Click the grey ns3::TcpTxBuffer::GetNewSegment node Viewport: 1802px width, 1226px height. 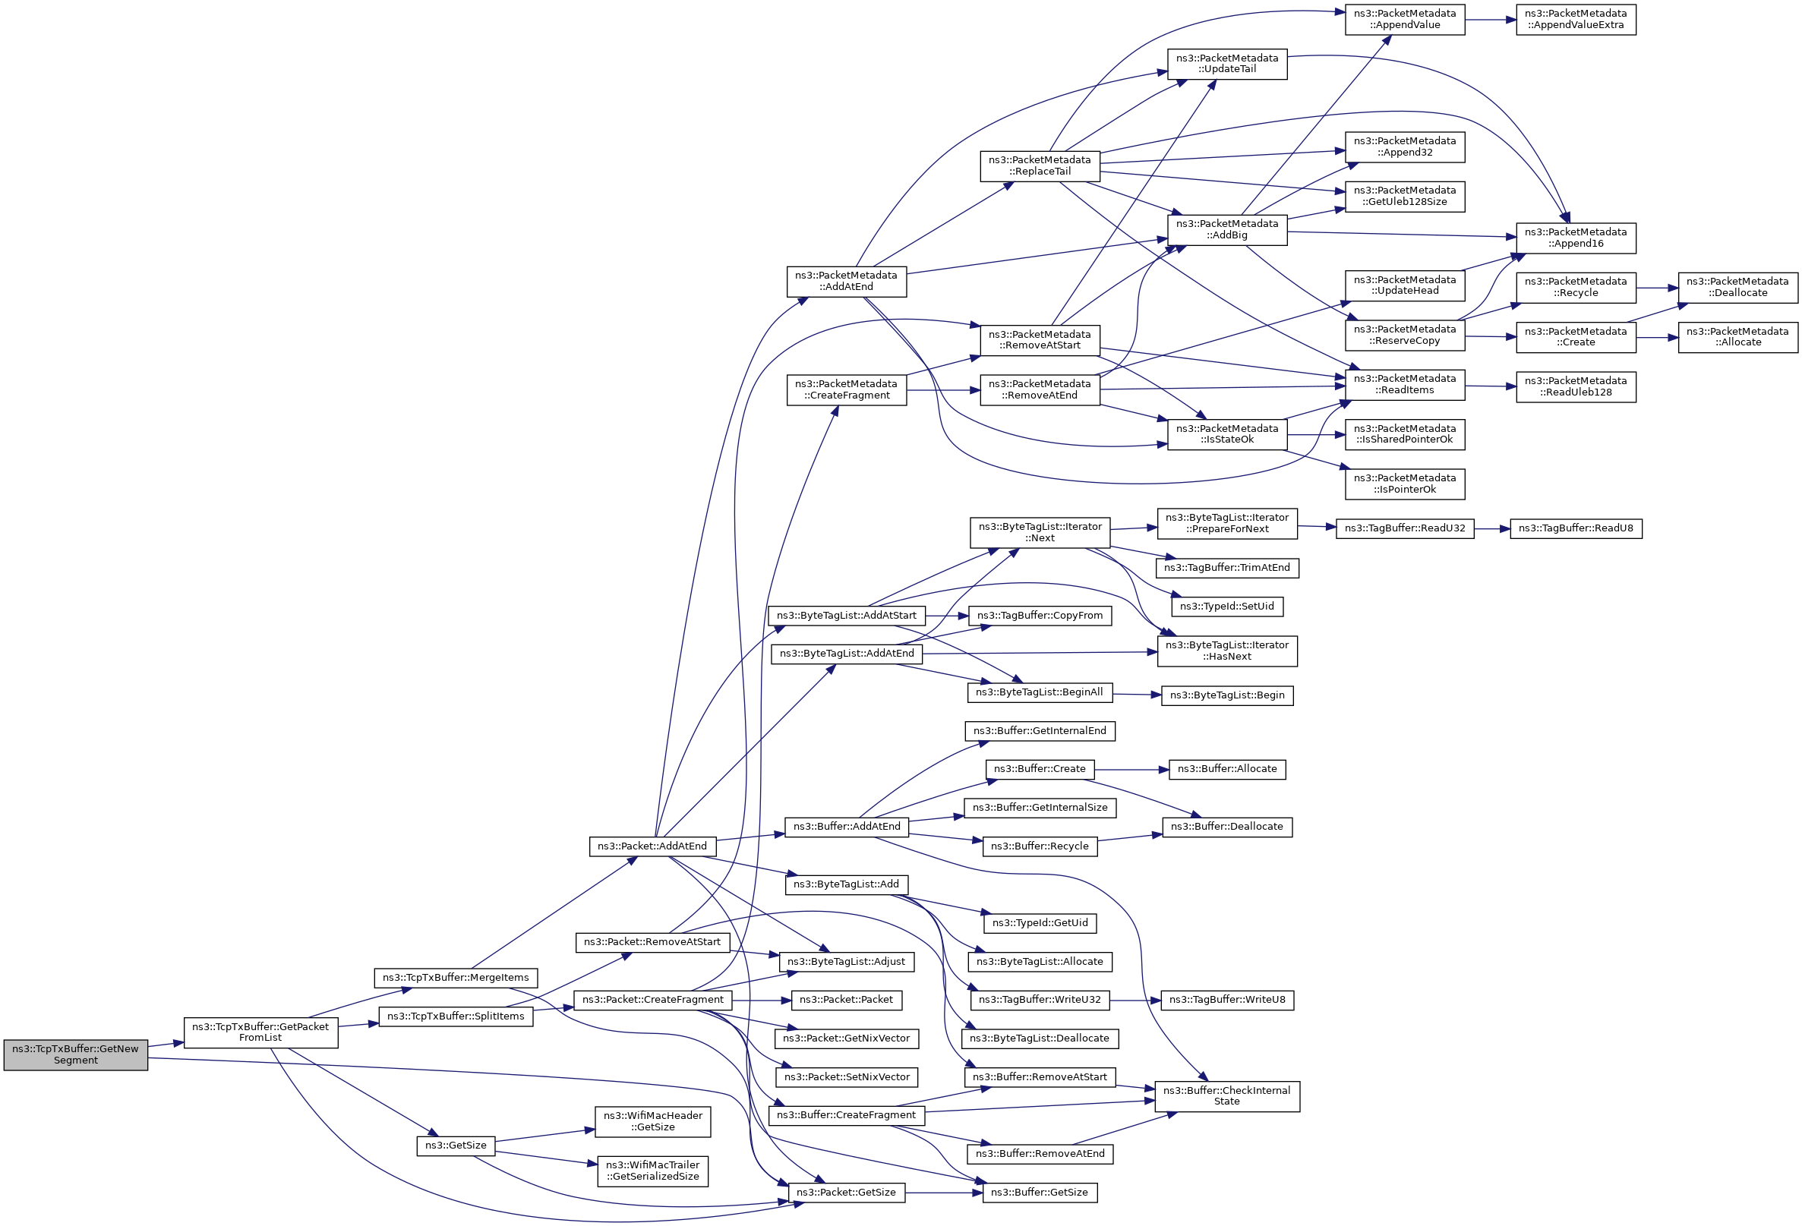(x=75, y=1054)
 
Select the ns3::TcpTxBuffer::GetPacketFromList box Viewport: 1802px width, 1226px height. (x=260, y=1032)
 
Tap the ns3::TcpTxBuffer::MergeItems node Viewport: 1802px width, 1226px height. (x=456, y=978)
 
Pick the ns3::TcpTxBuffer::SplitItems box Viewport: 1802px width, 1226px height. (x=456, y=1016)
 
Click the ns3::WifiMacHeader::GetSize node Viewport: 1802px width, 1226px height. (x=653, y=1121)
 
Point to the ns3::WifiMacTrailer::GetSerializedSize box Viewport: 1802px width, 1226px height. (x=653, y=1171)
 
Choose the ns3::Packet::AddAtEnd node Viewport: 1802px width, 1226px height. (x=652, y=846)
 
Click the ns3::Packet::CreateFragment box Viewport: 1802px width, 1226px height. (x=653, y=1000)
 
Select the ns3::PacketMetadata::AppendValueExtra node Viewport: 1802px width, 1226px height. (x=1576, y=20)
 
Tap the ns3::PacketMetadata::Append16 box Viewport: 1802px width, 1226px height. (x=1576, y=238)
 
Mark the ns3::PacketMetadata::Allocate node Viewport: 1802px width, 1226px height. (x=1737, y=337)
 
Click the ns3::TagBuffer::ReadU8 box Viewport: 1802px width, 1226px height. (x=1576, y=528)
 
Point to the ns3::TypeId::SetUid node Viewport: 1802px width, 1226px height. (x=1226, y=607)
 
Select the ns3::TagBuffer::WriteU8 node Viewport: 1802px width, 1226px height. (x=1226, y=1000)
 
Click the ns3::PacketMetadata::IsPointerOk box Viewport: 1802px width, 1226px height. (x=1405, y=484)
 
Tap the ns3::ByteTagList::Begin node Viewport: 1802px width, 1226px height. (x=1226, y=695)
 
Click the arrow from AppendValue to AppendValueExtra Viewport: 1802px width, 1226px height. (x=1491, y=20)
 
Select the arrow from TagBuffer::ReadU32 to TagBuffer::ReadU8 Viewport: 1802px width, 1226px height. (x=1492, y=528)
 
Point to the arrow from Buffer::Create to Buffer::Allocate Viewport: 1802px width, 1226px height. (x=1131, y=770)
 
